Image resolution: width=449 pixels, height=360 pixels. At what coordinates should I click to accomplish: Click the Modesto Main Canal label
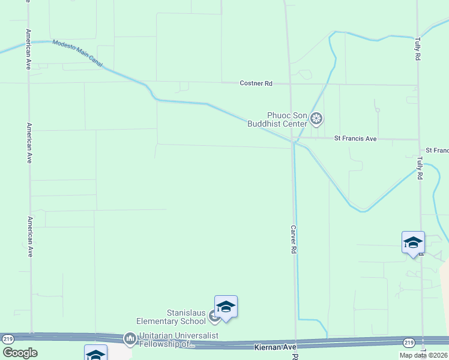(77, 53)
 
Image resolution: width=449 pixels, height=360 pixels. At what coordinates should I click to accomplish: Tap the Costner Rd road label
(256, 83)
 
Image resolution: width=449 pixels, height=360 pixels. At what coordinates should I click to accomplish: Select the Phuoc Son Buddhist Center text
(287, 119)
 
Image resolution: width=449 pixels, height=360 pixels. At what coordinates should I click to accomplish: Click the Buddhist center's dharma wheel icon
(317, 120)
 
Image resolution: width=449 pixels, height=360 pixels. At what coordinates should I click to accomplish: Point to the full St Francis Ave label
(355, 139)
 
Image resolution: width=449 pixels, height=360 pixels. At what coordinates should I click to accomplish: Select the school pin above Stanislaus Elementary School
(226, 307)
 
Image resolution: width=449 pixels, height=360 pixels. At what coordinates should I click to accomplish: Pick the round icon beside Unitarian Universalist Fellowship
(130, 340)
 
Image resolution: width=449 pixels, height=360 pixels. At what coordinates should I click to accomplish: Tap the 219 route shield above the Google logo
(8, 339)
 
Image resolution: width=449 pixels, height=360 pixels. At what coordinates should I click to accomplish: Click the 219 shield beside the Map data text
(409, 343)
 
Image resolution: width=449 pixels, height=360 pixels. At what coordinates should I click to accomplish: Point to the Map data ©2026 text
(423, 355)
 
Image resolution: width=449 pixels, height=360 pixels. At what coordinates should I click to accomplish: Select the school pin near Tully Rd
(413, 242)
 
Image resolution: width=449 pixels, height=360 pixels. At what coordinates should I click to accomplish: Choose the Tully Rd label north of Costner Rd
(417, 49)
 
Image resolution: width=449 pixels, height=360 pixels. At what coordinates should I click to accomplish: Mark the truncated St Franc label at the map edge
(437, 149)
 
